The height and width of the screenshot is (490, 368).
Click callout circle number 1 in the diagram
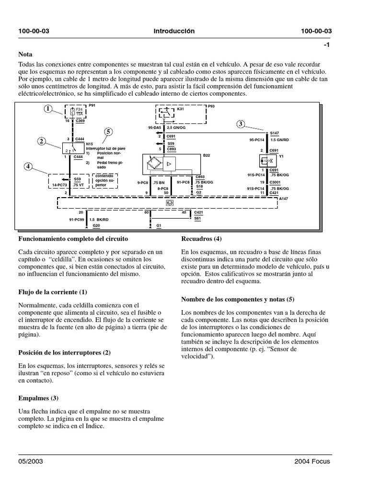point(48,109)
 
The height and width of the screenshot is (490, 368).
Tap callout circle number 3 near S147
point(240,124)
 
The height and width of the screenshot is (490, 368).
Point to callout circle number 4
point(29,167)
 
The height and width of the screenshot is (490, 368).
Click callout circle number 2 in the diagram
point(42,141)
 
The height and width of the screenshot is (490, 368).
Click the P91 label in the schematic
point(92,105)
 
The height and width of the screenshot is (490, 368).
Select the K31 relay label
point(180,109)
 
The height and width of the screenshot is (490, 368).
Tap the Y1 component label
point(282,156)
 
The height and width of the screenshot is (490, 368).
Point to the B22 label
point(207,156)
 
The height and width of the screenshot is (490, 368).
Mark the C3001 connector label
point(275,182)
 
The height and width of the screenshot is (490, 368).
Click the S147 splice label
point(274,133)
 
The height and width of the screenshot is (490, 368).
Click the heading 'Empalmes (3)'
point(38,398)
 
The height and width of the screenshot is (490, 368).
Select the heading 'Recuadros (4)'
point(201,238)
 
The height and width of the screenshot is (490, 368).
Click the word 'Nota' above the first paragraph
point(25,55)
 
